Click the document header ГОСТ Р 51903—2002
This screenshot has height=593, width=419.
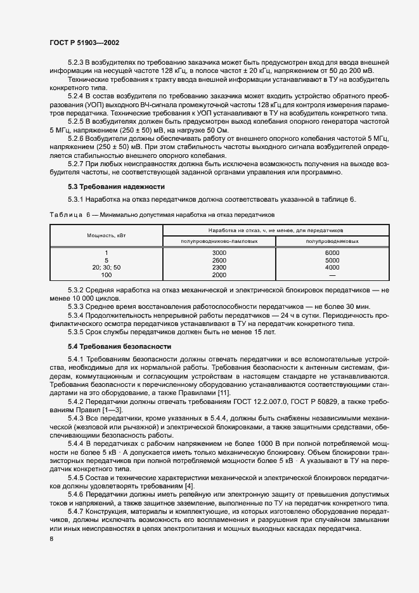[x=84, y=42]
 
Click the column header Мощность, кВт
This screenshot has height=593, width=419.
[x=106, y=235]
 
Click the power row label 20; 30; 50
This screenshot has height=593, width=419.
[x=106, y=268]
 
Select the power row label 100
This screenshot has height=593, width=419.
[x=106, y=275]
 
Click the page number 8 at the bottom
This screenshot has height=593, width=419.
[x=51, y=539]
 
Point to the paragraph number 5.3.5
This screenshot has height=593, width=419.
[x=76, y=332]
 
